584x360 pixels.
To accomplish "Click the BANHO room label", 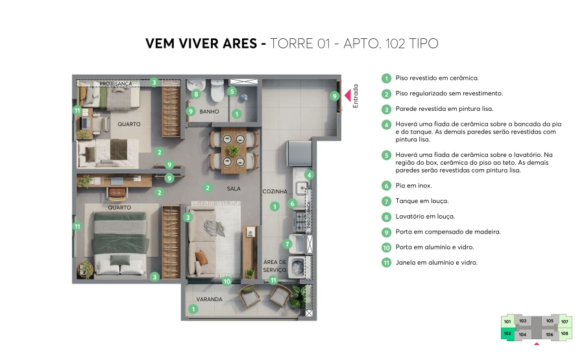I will click(x=209, y=112).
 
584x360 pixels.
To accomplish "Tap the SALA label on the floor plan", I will click(x=234, y=188).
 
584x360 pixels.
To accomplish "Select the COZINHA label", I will click(x=274, y=191).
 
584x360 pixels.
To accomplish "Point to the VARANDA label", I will click(x=210, y=299).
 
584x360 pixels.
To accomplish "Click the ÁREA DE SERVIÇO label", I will click(x=274, y=266).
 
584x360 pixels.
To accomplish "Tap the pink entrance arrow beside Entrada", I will click(x=348, y=95).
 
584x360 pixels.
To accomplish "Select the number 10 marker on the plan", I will click(x=226, y=282).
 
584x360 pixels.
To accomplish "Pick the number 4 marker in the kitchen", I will click(x=310, y=174).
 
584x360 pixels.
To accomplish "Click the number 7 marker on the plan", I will click(x=286, y=244).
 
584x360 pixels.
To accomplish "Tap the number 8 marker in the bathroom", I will click(x=196, y=95).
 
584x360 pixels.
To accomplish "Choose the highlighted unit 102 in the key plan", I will click(x=507, y=333).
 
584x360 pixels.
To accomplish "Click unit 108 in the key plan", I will click(x=564, y=333).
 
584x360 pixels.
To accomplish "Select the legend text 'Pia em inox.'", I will click(x=413, y=186).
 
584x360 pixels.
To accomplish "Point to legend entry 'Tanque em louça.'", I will click(x=422, y=201).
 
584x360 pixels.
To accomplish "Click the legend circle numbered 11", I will click(x=386, y=263).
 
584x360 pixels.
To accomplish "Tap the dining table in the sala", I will click(x=232, y=150).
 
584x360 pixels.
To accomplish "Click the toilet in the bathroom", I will click(x=216, y=92).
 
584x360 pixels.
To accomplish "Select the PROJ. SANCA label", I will click(x=116, y=84).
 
